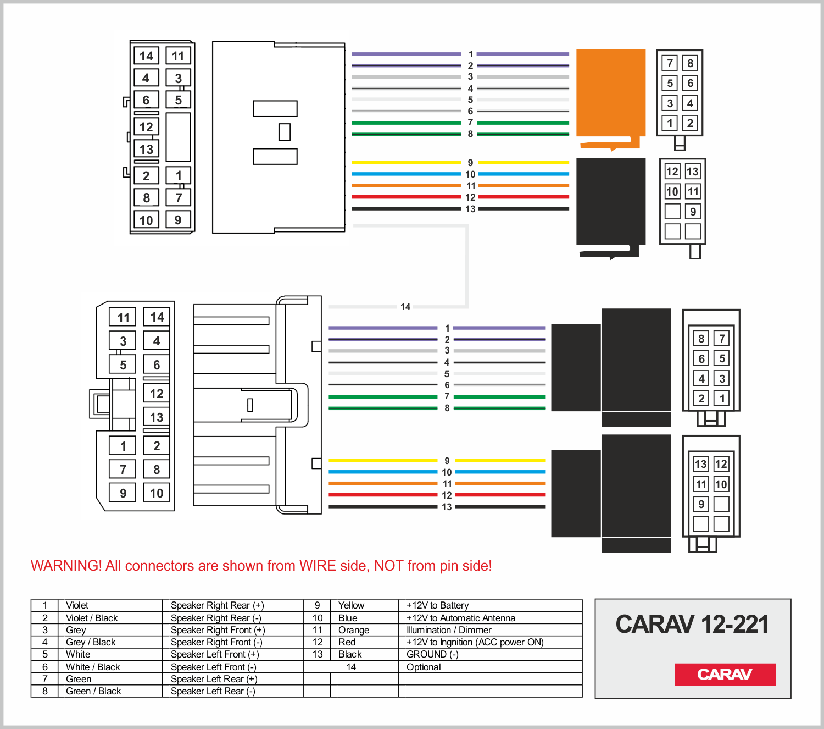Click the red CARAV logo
[725, 675]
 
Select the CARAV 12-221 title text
[692, 624]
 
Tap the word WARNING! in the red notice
[66, 566]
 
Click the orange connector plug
[610, 98]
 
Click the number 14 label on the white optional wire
[405, 307]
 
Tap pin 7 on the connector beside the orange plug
[670, 63]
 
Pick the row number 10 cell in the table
[317, 618]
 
